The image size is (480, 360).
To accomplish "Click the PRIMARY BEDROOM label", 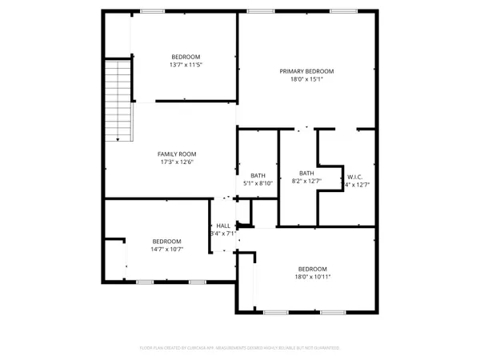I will pos(306,71).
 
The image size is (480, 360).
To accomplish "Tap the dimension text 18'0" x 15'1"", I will pos(306,80).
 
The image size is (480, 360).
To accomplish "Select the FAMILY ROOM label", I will pos(177,154).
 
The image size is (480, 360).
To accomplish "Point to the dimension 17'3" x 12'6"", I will pos(177,162).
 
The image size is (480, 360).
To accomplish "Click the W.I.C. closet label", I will pos(355,177).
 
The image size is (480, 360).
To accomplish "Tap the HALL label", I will pos(223,226).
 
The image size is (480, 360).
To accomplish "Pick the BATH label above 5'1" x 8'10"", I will pos(258,175).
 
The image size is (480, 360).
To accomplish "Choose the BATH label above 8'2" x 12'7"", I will pos(306,173).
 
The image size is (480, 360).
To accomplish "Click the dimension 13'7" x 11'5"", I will pos(185,65).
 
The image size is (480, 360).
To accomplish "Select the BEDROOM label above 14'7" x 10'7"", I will pos(166,241).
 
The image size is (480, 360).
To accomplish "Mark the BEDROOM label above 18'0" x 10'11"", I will pos(312,269).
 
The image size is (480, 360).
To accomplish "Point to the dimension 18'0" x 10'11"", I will pos(312,278).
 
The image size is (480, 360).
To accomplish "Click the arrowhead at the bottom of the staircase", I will pos(118,139).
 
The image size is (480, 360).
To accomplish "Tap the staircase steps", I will pos(118,96).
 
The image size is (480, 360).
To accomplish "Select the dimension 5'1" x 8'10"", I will pos(258,184).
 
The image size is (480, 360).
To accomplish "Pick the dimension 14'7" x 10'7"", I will pos(166,250).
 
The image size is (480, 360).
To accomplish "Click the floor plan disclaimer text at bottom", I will pos(240,348).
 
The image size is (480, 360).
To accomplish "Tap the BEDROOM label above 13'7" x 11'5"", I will pos(185,56).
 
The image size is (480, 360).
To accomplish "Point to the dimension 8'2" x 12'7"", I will pos(306,182).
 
